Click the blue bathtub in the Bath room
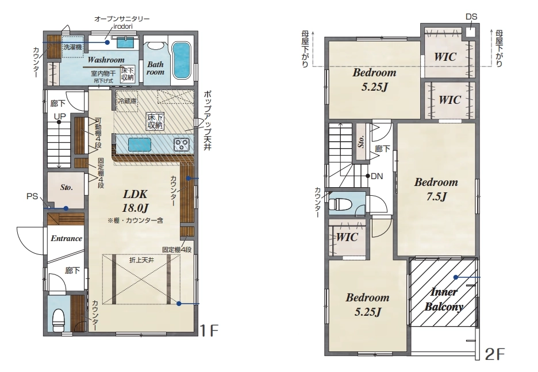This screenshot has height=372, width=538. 182,60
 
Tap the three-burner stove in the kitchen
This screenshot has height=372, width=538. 181,144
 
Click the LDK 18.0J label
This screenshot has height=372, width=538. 135,201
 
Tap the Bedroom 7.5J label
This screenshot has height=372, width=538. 436,189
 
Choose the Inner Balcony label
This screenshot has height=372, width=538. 444,299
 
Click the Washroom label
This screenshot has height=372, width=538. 106,60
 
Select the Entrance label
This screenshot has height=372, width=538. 66,238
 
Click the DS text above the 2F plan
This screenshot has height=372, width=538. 471,17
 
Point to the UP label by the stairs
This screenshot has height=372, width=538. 60,116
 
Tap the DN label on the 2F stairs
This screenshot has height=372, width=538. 376,176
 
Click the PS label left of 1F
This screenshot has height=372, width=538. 32,196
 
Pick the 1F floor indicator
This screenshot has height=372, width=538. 209,331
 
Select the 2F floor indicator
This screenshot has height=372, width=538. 494,354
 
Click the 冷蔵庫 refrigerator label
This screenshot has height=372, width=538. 127,101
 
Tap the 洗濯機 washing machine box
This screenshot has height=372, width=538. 72,46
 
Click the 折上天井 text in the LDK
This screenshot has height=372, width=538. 141,260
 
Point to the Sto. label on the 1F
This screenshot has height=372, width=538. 66,187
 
